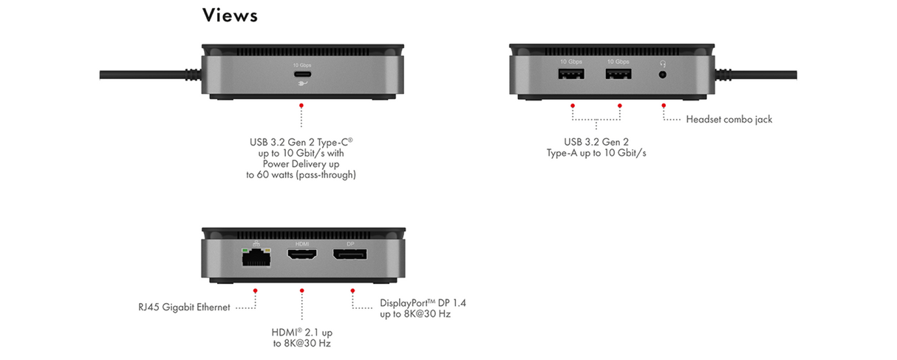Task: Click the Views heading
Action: [230, 15]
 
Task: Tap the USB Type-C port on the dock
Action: [301, 76]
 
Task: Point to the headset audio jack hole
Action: [663, 75]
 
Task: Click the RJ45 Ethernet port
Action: [255, 257]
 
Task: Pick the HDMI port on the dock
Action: [301, 257]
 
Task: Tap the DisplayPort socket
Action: [350, 257]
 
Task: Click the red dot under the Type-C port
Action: [301, 106]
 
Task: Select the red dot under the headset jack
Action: [664, 106]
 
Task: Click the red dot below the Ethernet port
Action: [256, 291]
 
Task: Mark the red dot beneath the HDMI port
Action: [301, 291]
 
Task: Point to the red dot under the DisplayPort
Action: [351, 291]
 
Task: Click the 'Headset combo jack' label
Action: [729, 119]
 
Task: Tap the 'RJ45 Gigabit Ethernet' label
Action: [184, 307]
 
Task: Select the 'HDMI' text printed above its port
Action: [301, 243]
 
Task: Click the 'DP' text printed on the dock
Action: [350, 243]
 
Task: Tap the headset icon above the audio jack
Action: [663, 63]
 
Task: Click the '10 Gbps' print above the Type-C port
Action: [301, 65]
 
